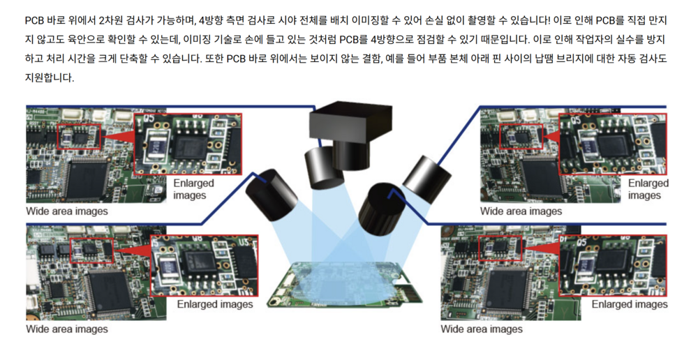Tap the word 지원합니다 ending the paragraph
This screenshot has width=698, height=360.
50,77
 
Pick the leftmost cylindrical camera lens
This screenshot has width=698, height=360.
271,189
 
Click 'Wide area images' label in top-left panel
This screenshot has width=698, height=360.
67,210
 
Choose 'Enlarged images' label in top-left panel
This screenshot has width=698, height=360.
194,189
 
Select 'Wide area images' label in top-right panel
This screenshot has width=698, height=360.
521,210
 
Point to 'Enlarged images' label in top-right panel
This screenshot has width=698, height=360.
648,189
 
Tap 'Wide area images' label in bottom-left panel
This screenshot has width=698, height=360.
67,328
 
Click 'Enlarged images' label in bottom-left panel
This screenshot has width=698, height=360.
215,304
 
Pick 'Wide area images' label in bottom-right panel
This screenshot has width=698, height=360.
482,328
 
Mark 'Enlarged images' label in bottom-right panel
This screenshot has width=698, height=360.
630,304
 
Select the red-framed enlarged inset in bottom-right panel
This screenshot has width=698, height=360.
613,266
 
